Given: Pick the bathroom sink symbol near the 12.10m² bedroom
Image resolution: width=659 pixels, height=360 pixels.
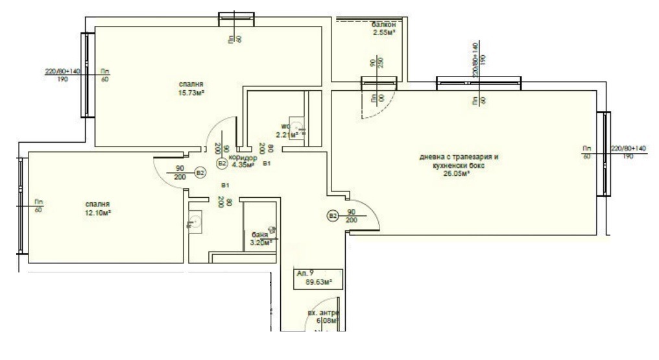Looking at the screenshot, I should tap(193, 222).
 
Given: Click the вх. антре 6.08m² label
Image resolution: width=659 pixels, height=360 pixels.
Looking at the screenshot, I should tap(324, 318).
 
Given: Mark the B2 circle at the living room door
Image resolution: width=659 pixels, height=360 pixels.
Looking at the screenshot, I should tap(332, 215).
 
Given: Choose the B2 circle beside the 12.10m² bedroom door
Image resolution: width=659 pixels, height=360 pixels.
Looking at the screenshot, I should tap(200, 173).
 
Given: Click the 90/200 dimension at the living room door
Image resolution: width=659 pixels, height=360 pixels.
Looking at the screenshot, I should tap(352, 216).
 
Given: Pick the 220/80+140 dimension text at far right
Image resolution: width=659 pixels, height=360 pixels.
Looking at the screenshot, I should tap(629, 148).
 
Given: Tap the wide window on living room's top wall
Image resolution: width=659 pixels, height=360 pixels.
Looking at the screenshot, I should tap(479, 82).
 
